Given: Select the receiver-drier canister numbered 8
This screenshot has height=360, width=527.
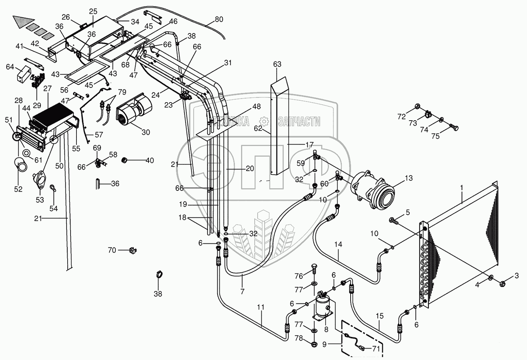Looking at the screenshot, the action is (x=323, y=306).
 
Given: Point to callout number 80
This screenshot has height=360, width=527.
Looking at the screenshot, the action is (x=219, y=19).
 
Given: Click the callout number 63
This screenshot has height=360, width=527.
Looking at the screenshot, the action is (x=277, y=64).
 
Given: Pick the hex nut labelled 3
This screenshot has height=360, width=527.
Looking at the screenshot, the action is (x=502, y=284).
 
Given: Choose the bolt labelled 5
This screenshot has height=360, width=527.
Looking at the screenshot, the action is (x=394, y=221).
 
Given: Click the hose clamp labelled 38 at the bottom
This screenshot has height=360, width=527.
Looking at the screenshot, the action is (x=159, y=275).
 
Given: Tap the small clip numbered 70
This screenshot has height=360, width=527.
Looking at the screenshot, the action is (x=133, y=251).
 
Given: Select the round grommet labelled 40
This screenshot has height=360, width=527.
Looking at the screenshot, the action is (x=124, y=160).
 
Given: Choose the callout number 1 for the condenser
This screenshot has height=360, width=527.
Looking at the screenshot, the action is (x=462, y=188).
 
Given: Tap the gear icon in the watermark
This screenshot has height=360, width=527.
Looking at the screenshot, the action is (x=264, y=121).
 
